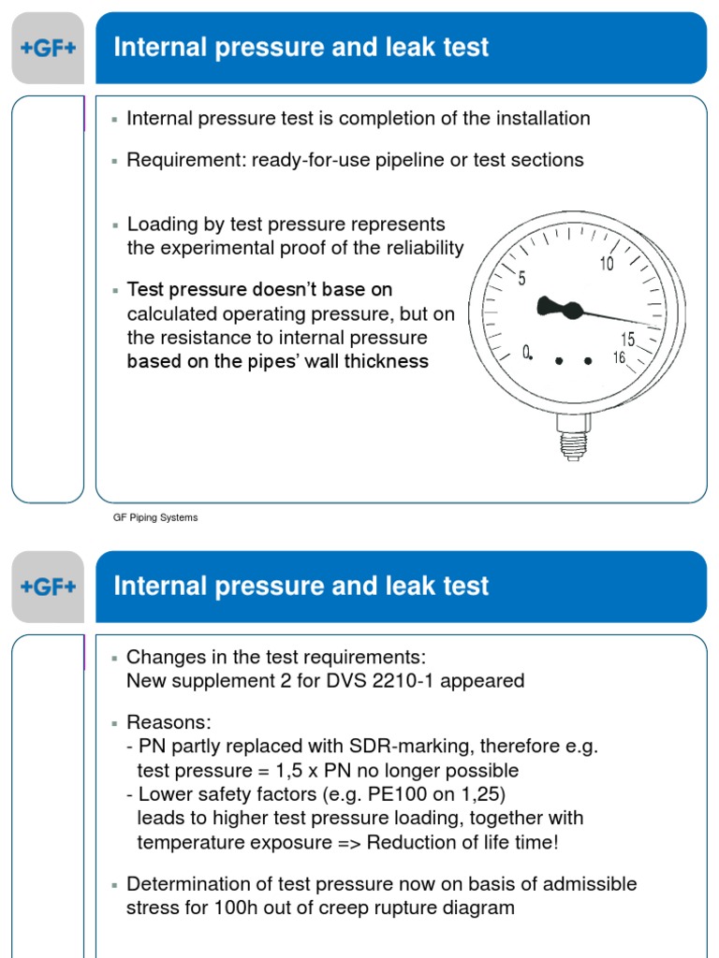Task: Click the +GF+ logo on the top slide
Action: (48, 49)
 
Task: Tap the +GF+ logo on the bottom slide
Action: (48, 588)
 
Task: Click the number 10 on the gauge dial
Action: (607, 265)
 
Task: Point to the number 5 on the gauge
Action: (522, 279)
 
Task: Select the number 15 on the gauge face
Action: (627, 340)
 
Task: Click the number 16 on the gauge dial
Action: (618, 357)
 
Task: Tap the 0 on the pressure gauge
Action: (526, 352)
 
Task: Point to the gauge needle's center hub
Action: (572, 311)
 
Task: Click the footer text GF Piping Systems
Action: (155, 517)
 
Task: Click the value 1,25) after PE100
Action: (481, 794)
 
